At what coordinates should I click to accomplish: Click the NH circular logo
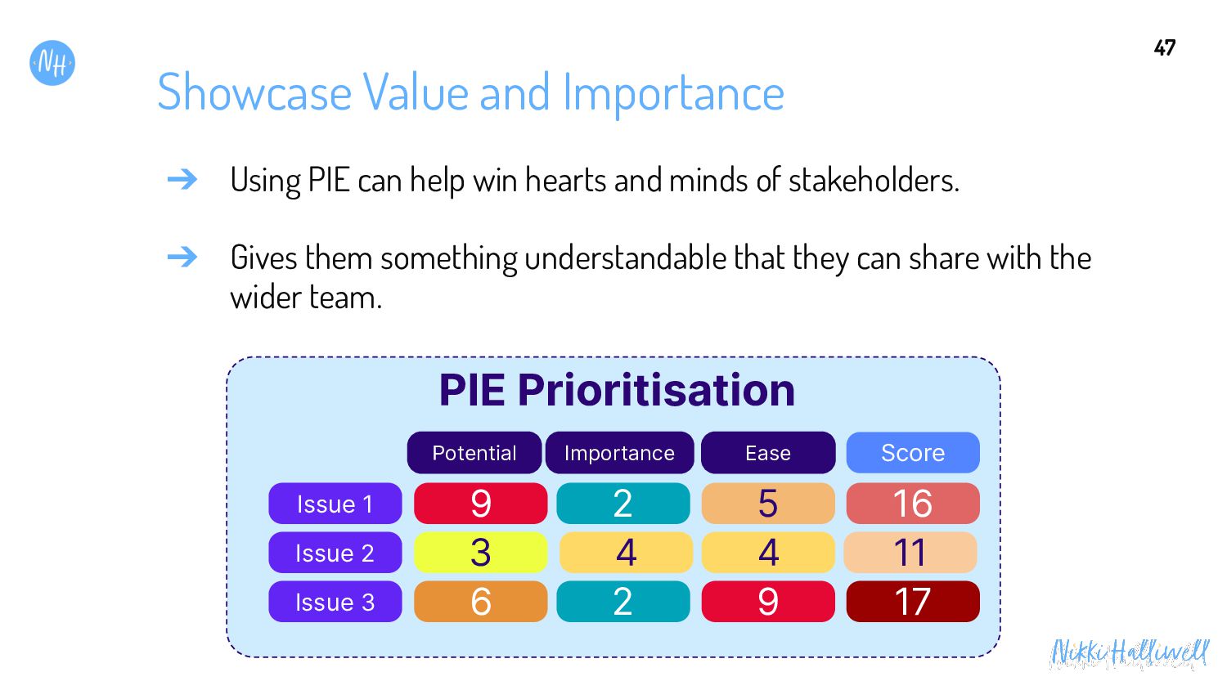click(x=52, y=63)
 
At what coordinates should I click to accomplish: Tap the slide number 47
click(x=1165, y=48)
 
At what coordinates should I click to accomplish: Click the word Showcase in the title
click(x=254, y=92)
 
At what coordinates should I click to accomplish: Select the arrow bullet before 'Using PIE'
click(x=182, y=179)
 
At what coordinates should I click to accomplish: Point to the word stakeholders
click(x=874, y=180)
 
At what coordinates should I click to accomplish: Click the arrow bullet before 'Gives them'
click(x=182, y=257)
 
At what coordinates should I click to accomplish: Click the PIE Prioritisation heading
click(x=617, y=390)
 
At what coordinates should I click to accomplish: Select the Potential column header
click(x=474, y=453)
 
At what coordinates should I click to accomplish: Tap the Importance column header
click(x=619, y=453)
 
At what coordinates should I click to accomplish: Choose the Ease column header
click(x=768, y=453)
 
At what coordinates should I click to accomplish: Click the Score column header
click(x=913, y=453)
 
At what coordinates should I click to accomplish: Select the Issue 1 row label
click(x=335, y=504)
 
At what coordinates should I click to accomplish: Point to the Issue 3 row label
click(x=335, y=601)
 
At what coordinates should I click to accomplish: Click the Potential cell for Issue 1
click(x=480, y=504)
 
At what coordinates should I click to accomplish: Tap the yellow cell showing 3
click(x=480, y=552)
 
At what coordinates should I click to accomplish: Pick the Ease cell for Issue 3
click(x=768, y=601)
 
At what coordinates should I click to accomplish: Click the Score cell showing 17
click(x=913, y=601)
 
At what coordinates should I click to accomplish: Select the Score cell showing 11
click(x=910, y=552)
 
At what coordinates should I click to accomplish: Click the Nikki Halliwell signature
click(x=1130, y=653)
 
